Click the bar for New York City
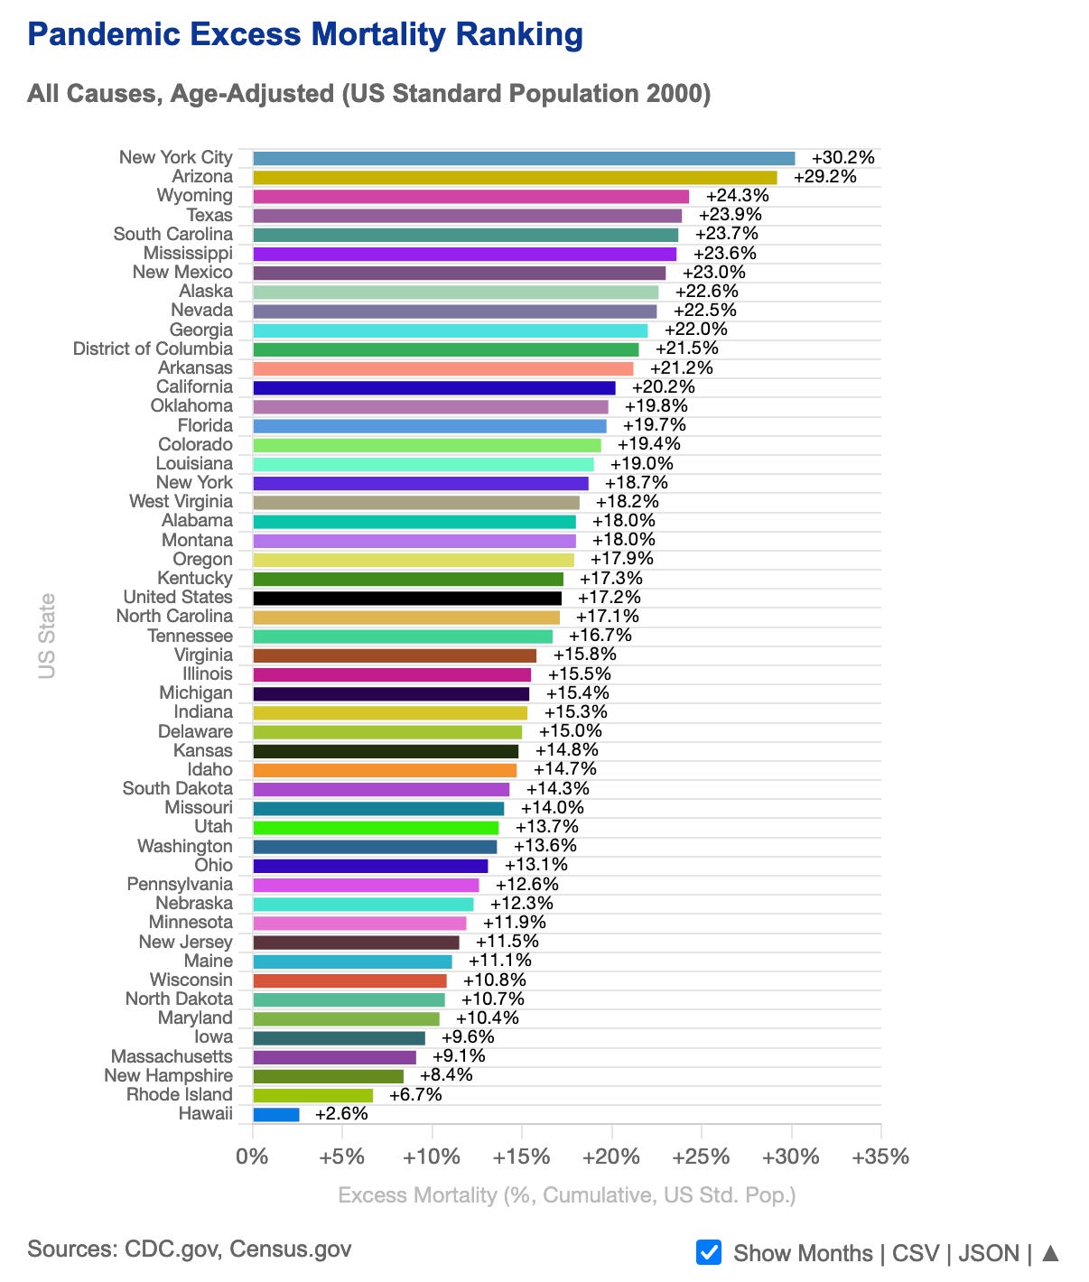point(524,159)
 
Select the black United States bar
point(407,599)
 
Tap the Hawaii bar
point(276,1115)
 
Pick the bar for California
point(434,388)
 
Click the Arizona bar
point(515,178)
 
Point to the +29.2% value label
point(824,177)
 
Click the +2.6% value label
point(341,1114)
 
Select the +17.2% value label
point(610,598)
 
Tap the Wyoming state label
point(194,196)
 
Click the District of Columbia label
point(153,349)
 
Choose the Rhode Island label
point(179,1095)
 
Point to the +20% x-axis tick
point(611,1157)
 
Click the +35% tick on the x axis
point(880,1157)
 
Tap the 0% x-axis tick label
point(252,1157)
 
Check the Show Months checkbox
point(709,1253)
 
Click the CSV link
point(915,1254)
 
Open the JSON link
point(989,1254)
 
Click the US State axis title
point(47,636)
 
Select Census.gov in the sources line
point(290,1249)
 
